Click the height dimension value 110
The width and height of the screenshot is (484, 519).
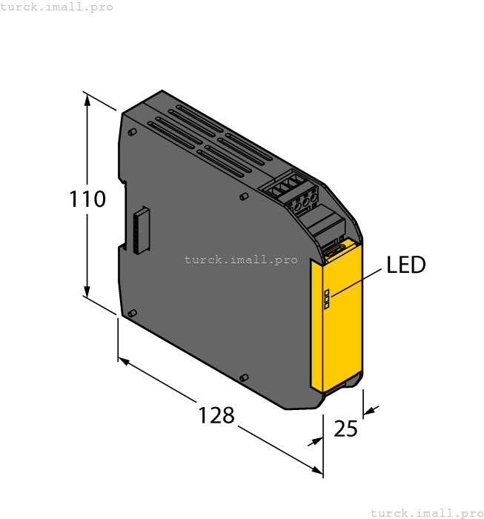point(87,199)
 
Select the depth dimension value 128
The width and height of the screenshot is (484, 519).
point(216,414)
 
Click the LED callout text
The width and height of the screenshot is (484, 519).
point(406,265)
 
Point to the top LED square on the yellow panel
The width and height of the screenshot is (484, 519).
point(326,292)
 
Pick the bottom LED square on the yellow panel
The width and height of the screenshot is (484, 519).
point(326,305)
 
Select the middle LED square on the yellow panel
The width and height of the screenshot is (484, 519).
point(326,299)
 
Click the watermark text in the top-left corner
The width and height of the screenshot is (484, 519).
point(56,7)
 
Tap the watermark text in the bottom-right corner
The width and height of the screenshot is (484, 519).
point(425,512)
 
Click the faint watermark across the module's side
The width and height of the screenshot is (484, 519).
point(240,259)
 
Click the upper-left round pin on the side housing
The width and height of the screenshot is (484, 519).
point(131,132)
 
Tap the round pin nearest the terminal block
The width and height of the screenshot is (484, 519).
point(244,197)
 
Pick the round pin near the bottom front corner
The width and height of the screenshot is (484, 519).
point(243,378)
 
